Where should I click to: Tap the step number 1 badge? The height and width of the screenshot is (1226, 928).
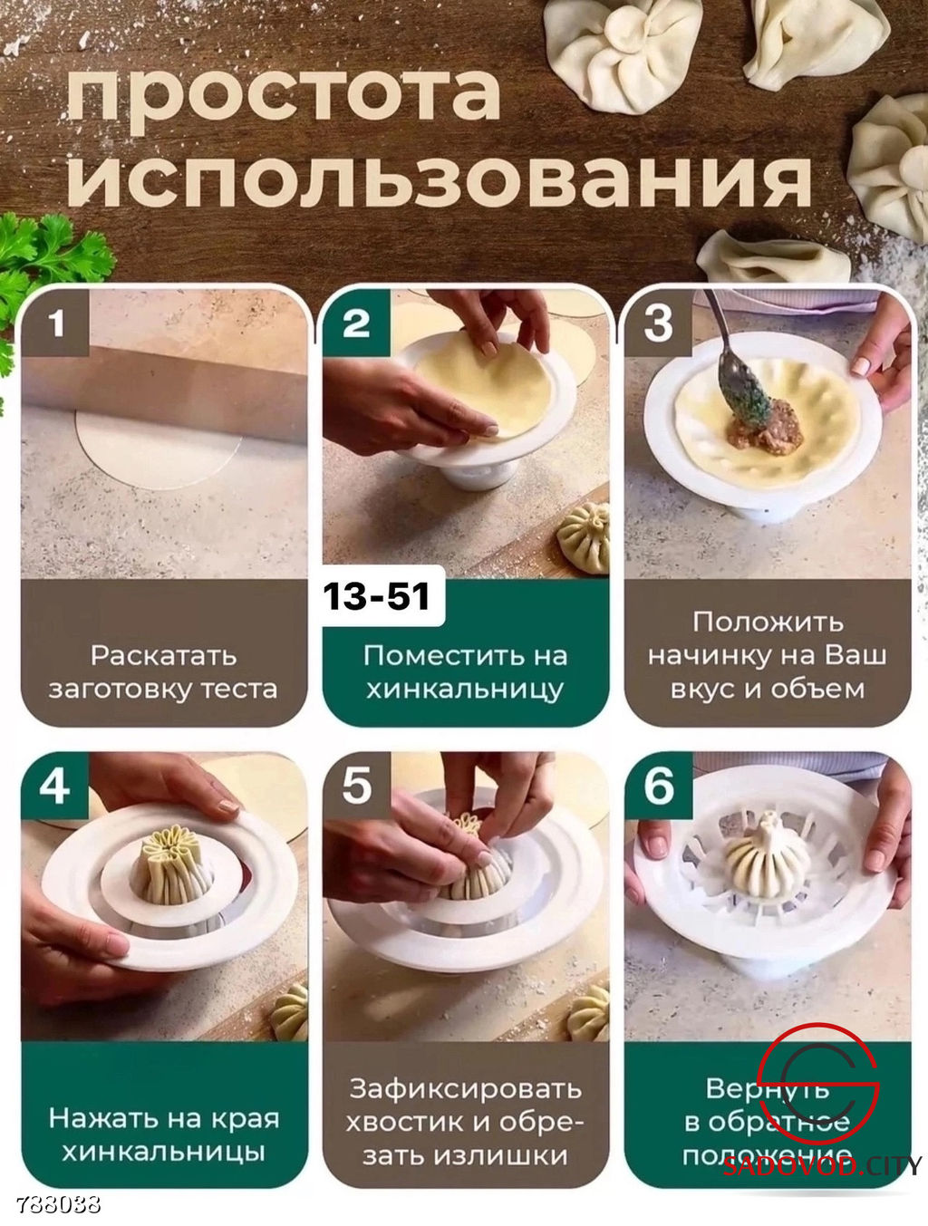(x=56, y=323)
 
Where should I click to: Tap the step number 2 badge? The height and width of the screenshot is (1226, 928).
(x=356, y=323)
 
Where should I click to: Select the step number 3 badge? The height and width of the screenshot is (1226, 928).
(x=659, y=323)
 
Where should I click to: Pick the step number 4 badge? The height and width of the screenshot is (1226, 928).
(x=54, y=785)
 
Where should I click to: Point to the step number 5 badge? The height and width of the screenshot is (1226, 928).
(x=356, y=785)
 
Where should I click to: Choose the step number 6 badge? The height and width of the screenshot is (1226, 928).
(x=659, y=785)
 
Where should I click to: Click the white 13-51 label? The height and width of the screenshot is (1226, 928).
(x=377, y=596)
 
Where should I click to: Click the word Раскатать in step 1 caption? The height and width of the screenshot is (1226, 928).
(x=163, y=655)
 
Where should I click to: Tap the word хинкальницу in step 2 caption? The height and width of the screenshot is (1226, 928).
(x=465, y=689)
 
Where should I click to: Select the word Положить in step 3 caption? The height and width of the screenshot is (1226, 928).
(x=768, y=622)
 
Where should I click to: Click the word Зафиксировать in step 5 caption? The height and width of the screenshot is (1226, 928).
(x=465, y=1088)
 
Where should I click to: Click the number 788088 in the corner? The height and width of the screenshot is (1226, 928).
(x=58, y=1205)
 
